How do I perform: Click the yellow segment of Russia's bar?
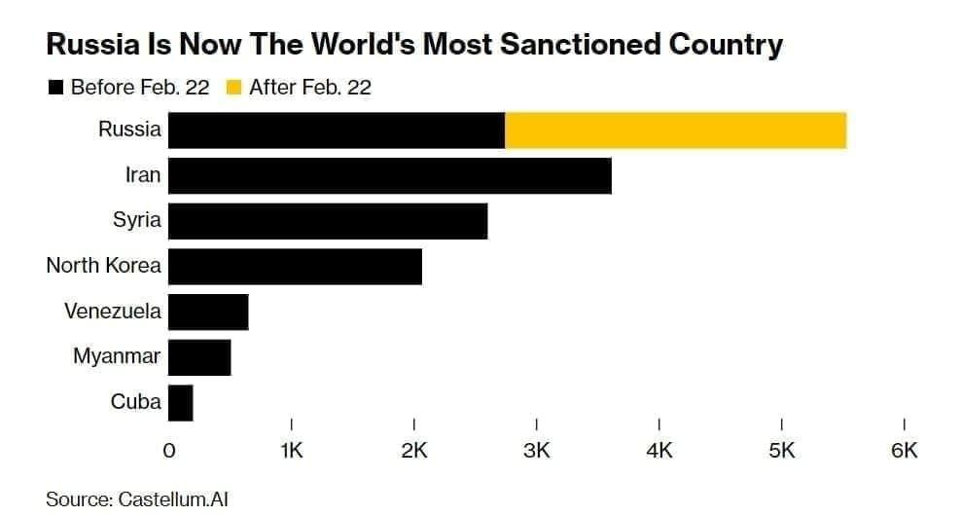(676, 130)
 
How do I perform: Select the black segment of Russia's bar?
(337, 130)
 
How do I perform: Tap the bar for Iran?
(389, 176)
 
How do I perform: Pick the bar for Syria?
(328, 221)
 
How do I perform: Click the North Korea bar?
(295, 266)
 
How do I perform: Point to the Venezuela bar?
(208, 312)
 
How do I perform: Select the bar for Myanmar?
(199, 357)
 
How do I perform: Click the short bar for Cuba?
(181, 402)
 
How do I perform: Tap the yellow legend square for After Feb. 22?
(233, 89)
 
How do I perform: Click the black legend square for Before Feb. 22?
(55, 89)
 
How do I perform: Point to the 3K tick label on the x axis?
(537, 451)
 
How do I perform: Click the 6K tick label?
(905, 451)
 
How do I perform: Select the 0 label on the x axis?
(169, 451)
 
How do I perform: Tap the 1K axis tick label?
(292, 451)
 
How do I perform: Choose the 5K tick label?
(782, 451)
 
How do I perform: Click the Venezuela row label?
(113, 312)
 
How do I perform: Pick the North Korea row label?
(103, 266)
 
